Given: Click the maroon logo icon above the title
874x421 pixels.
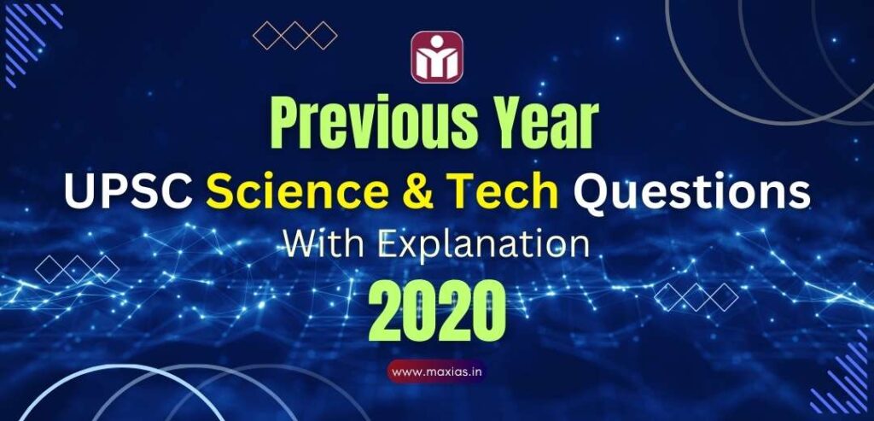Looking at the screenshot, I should click(437, 57).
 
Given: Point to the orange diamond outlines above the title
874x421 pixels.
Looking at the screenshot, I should click(295, 35).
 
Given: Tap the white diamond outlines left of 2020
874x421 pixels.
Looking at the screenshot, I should click(77, 269).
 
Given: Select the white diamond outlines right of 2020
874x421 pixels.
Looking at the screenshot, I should click(696, 296).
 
